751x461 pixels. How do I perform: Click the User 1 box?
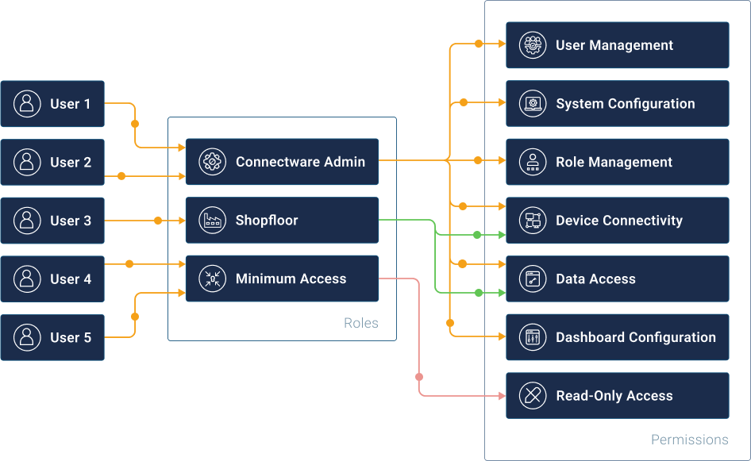click(x=52, y=104)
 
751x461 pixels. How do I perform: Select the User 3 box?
click(x=52, y=221)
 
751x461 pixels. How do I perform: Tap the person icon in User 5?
click(x=27, y=337)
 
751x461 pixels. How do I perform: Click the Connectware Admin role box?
click(x=282, y=162)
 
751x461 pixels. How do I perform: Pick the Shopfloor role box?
click(x=282, y=221)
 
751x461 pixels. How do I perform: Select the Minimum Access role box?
click(x=282, y=279)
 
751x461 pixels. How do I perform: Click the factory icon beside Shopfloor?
click(x=212, y=221)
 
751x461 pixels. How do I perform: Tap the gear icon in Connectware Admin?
click(x=212, y=162)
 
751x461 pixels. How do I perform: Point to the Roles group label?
click(x=360, y=323)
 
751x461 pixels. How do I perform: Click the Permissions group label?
click(x=689, y=439)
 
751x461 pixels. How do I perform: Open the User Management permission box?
click(x=617, y=45)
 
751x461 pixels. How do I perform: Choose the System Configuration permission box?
click(x=617, y=104)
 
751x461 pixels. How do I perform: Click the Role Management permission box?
click(x=617, y=162)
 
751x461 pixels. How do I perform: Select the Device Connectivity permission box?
click(x=617, y=221)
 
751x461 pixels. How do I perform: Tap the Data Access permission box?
click(x=617, y=279)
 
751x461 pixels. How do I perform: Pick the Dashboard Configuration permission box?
click(x=617, y=337)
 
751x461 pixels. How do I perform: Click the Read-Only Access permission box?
click(x=617, y=396)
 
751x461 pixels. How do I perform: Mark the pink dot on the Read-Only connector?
click(x=419, y=377)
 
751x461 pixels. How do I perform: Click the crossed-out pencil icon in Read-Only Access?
click(x=533, y=396)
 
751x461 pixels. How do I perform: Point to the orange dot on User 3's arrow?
click(x=158, y=221)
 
